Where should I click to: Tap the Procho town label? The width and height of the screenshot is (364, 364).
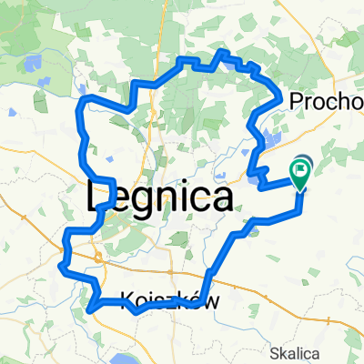point(326,102)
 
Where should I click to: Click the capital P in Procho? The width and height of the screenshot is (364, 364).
point(296,102)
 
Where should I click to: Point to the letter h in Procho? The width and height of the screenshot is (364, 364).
point(342,102)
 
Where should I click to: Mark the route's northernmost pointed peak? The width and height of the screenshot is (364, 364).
point(221,54)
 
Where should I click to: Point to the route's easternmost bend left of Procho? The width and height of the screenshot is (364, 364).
point(278,90)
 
